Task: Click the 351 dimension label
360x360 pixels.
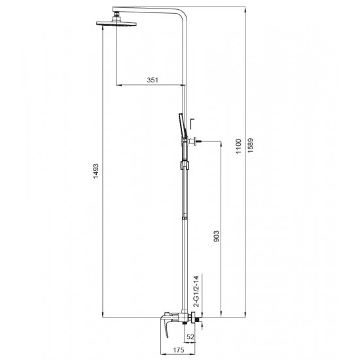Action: click(x=152, y=79)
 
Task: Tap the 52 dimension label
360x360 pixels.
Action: click(x=190, y=337)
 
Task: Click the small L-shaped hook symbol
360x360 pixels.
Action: click(x=192, y=122)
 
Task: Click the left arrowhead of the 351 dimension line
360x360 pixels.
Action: click(x=118, y=85)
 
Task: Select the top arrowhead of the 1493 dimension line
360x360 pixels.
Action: click(x=103, y=28)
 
